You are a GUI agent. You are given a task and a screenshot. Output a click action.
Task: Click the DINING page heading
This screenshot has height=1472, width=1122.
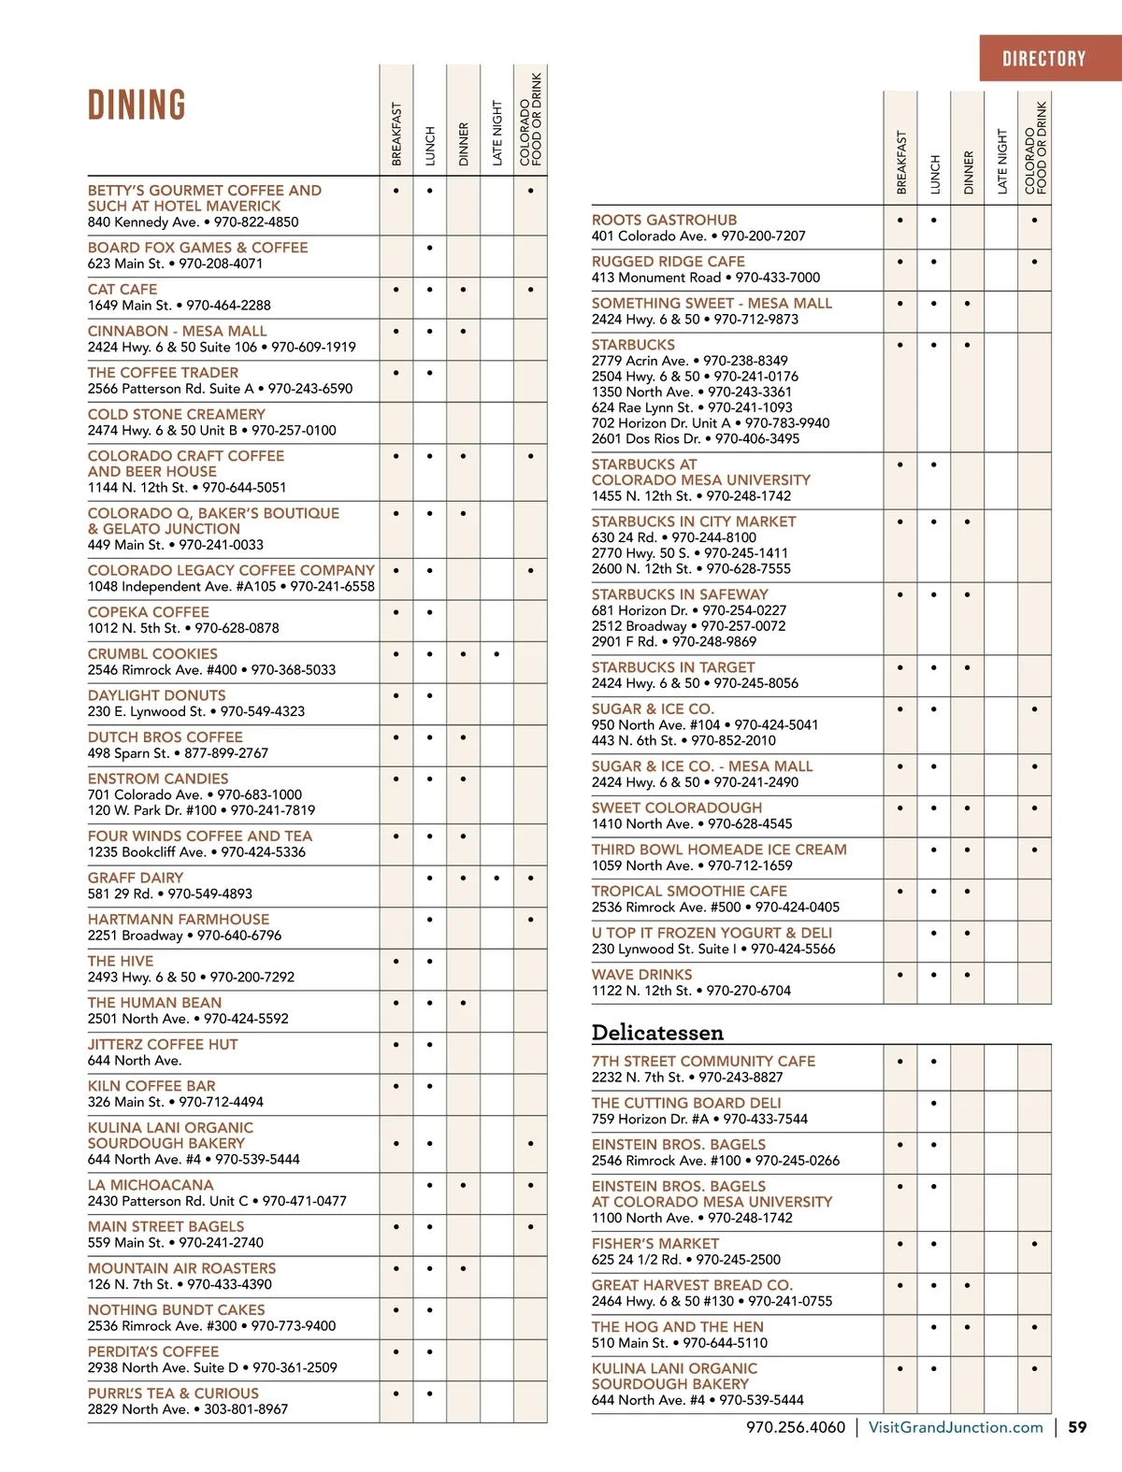[x=137, y=105]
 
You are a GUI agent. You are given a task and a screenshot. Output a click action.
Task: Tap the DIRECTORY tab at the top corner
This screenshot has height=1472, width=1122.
[x=1043, y=59]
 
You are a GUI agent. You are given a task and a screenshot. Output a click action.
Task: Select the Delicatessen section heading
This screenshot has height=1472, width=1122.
[x=657, y=1033]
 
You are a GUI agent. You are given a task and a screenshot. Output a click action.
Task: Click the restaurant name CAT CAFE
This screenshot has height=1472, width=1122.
[x=122, y=290]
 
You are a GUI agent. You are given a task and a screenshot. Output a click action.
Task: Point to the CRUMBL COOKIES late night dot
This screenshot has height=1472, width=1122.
[x=496, y=654]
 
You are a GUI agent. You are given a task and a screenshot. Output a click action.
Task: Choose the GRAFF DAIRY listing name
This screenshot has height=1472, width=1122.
[x=136, y=878]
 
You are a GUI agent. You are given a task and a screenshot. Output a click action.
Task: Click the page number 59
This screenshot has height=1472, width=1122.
[x=1077, y=1427]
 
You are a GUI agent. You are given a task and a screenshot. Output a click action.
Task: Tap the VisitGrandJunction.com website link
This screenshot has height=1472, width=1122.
[x=955, y=1427]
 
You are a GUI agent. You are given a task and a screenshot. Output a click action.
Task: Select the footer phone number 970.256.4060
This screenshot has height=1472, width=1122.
[x=795, y=1427]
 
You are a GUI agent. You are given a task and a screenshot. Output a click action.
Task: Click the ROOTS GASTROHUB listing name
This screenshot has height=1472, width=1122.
[x=664, y=220]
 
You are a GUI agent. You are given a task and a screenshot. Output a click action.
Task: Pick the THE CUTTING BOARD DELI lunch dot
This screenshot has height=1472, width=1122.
[x=934, y=1103]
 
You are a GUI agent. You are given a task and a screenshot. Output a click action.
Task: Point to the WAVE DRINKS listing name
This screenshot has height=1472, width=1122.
[x=641, y=975]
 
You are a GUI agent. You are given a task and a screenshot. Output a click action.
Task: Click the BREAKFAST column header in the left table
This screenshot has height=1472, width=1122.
[x=396, y=135]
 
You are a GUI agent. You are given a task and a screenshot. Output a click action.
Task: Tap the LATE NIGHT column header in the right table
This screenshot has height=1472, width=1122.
[x=1001, y=162]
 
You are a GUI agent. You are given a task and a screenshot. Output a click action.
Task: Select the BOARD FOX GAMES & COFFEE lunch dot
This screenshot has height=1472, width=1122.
[x=429, y=248]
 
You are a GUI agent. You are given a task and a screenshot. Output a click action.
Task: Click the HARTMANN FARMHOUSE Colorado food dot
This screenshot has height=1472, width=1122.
[x=530, y=920]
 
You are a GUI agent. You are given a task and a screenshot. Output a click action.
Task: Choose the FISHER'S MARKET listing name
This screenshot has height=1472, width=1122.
[x=654, y=1244]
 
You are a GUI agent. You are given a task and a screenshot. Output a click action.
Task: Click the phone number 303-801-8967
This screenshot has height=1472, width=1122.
[x=246, y=1409]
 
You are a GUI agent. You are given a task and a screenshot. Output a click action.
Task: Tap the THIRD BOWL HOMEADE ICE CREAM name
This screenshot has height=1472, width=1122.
[x=719, y=850]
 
